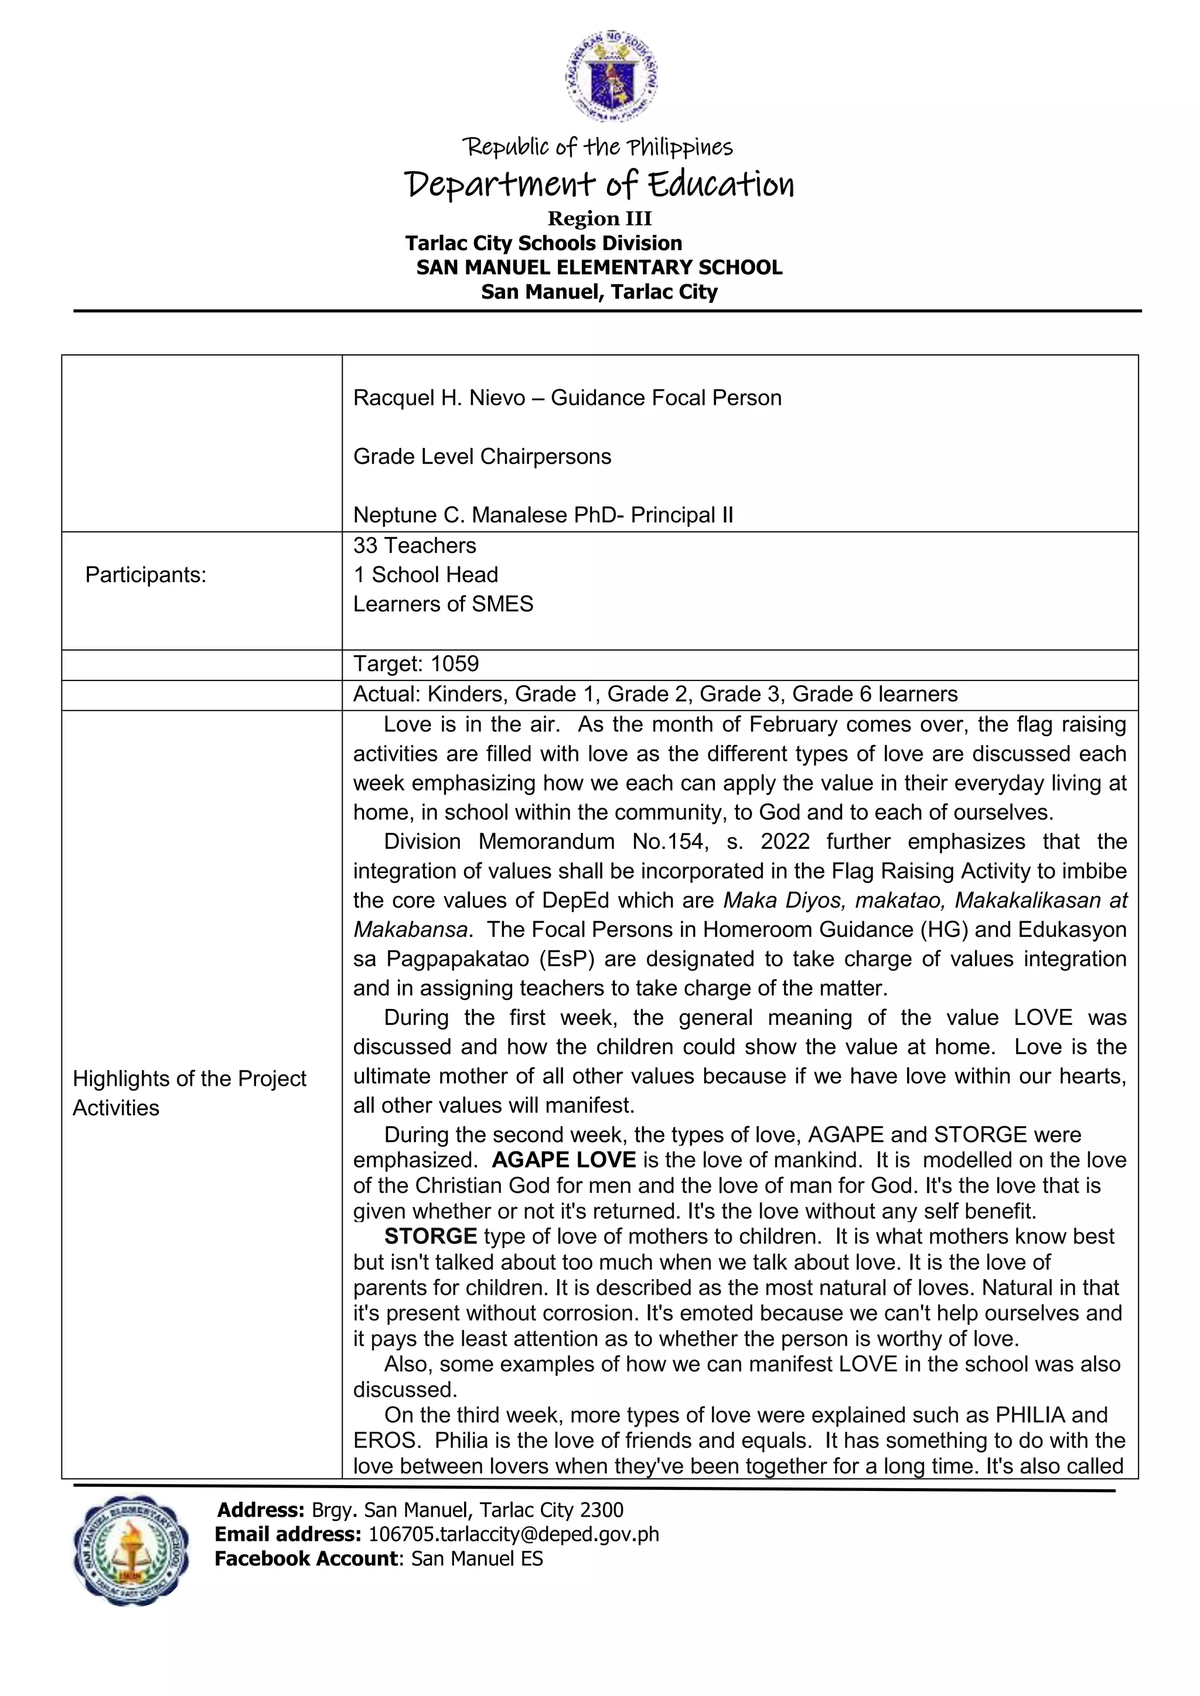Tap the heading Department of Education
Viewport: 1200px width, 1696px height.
pyautogui.click(x=599, y=184)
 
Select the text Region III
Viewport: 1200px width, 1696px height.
pyautogui.click(x=599, y=218)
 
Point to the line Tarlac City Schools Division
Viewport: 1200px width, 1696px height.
pyautogui.click(x=543, y=243)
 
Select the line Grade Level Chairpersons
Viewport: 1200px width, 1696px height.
pyautogui.click(x=482, y=456)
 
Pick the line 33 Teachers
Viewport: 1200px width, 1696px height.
pyautogui.click(x=414, y=546)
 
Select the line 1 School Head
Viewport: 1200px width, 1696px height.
pyautogui.click(x=425, y=575)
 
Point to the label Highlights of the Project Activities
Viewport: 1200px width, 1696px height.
pyautogui.click(x=189, y=1093)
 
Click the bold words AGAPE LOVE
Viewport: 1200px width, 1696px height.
pyautogui.click(x=563, y=1160)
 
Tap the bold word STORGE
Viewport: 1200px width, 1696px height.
pyautogui.click(x=430, y=1236)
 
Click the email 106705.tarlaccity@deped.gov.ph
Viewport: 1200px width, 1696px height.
pyautogui.click(x=513, y=1534)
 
